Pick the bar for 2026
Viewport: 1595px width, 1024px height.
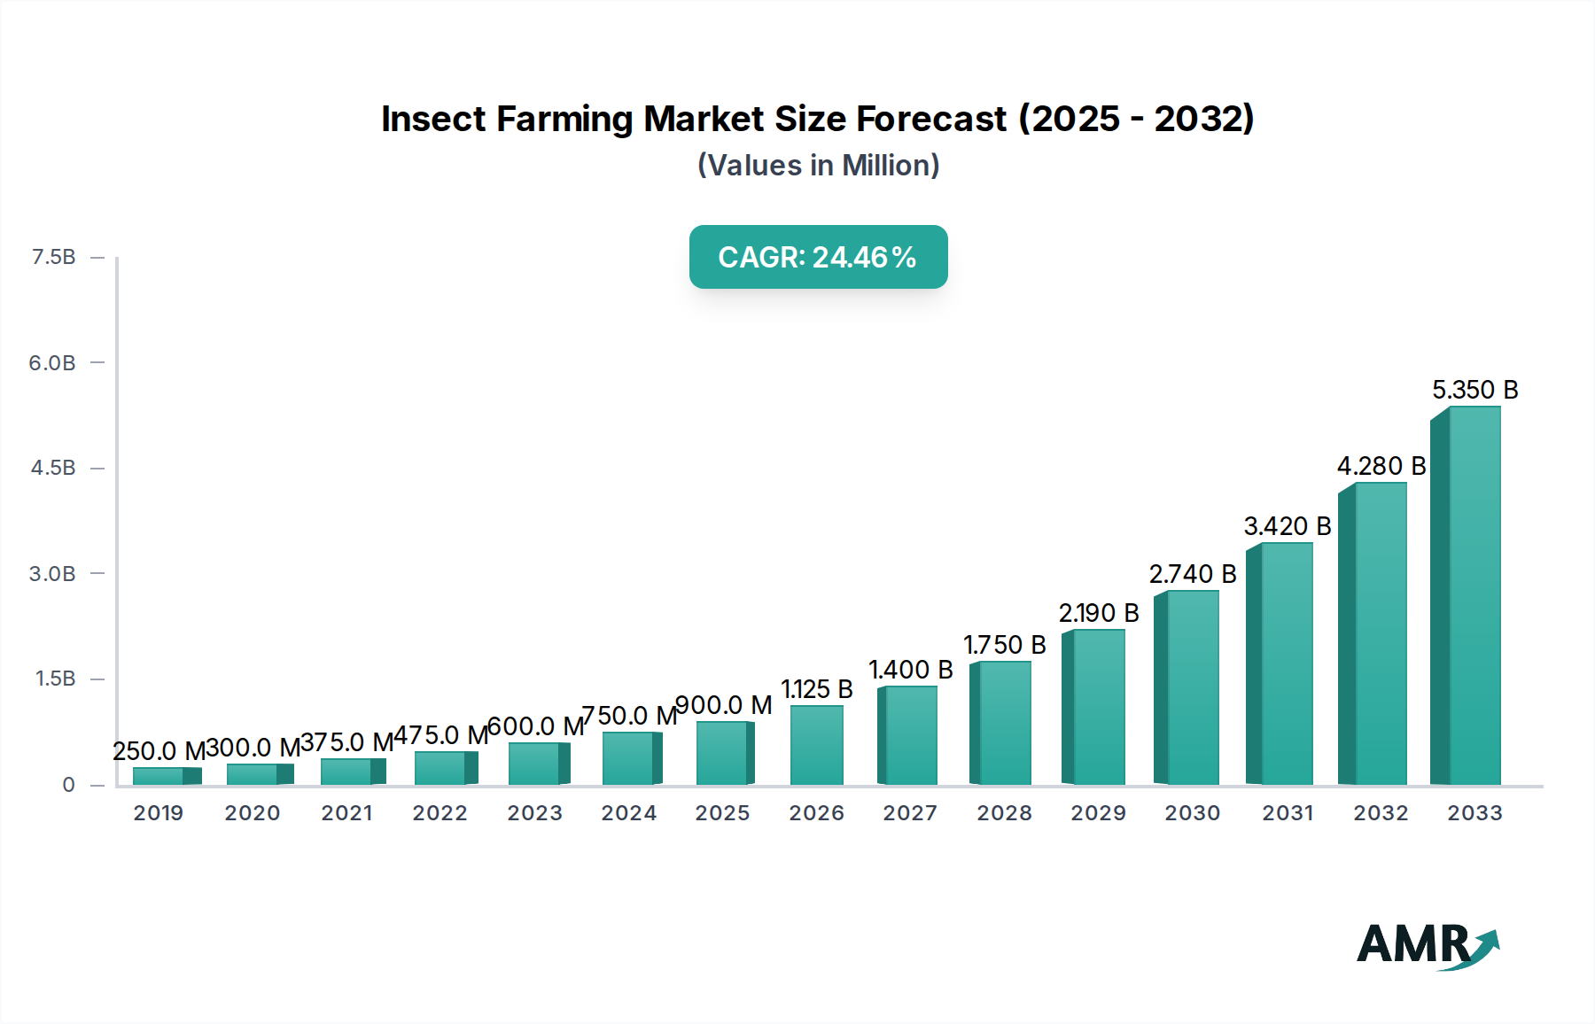(816, 745)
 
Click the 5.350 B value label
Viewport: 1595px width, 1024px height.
(1475, 390)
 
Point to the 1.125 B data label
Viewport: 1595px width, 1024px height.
(816, 689)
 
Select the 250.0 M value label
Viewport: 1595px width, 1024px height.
(159, 751)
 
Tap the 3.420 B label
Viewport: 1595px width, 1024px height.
(1288, 526)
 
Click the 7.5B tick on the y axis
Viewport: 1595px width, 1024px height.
(53, 257)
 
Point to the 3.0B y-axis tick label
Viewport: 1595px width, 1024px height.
(52, 574)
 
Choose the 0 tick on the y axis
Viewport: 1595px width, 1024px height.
(68, 785)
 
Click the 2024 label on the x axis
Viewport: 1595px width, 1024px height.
(629, 813)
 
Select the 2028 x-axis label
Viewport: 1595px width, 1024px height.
(1005, 813)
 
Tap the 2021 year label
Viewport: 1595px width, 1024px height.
(347, 813)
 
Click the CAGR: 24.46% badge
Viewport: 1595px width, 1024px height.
(818, 257)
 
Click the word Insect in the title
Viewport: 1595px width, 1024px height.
(433, 119)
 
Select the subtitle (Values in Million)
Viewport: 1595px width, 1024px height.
(818, 166)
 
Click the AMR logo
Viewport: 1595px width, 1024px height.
(1427, 944)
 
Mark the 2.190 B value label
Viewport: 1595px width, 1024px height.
(1099, 613)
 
